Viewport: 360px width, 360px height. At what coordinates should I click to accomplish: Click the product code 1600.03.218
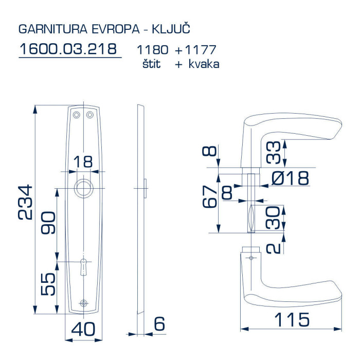pos(68,49)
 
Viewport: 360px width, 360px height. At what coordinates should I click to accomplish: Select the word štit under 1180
pos(151,64)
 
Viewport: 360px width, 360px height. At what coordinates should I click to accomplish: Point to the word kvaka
pos(204,64)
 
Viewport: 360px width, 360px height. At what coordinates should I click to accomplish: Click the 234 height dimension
pos(25,202)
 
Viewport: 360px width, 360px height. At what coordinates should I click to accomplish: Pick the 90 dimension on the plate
pos(48,223)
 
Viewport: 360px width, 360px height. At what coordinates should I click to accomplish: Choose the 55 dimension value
pos(48,284)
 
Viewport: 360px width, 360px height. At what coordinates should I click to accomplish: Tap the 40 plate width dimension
pos(83,329)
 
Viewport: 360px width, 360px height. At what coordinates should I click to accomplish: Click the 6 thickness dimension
pos(159,323)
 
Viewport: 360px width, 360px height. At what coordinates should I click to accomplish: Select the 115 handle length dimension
pos(292,319)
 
